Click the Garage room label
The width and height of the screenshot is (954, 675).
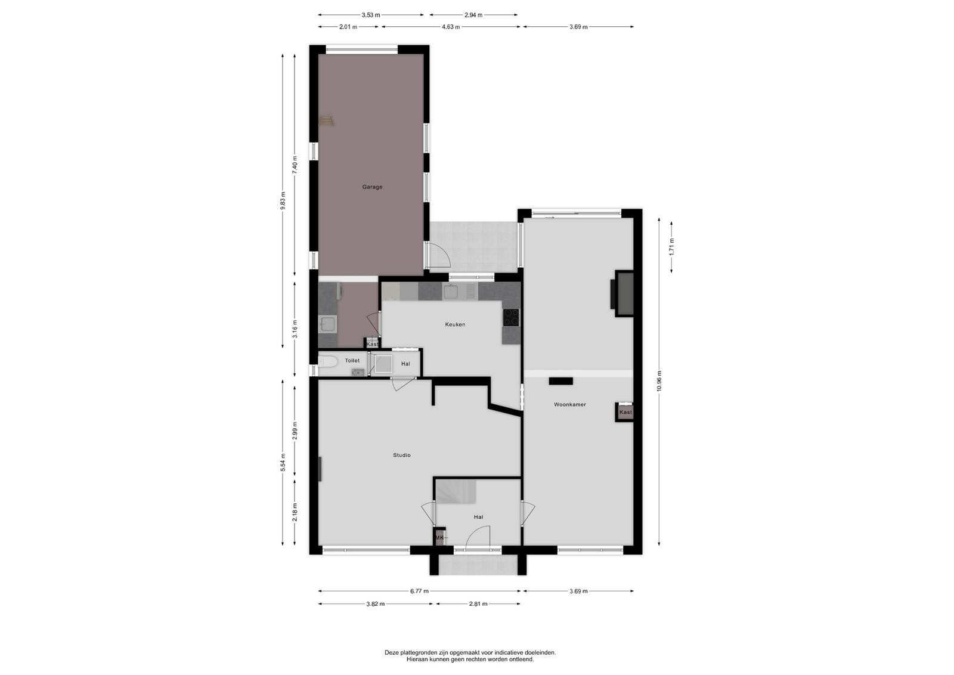coord(372,187)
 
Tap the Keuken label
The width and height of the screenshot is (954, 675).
coord(455,324)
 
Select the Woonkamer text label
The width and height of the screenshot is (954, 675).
coord(570,404)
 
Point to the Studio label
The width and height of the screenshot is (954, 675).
coord(402,455)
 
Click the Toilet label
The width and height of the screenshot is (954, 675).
coord(352,361)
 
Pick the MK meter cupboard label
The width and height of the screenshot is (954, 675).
coord(439,538)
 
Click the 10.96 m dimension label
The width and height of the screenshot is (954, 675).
coord(659,380)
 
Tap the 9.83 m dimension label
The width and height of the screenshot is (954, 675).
coord(283,200)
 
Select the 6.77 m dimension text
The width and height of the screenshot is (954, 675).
coord(420,591)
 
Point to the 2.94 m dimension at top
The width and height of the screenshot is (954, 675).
coord(473,15)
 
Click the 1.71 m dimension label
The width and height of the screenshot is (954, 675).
coord(671,247)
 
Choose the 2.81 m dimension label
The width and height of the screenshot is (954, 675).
coord(478,604)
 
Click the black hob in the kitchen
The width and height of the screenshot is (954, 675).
coord(511,317)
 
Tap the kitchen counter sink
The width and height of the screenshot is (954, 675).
coord(451,292)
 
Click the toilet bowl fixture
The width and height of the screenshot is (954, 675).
coord(328,362)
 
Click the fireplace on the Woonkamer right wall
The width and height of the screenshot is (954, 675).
coord(622,294)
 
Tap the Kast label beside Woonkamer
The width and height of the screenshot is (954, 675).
coord(625,412)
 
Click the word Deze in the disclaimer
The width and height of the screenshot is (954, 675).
coord(392,652)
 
